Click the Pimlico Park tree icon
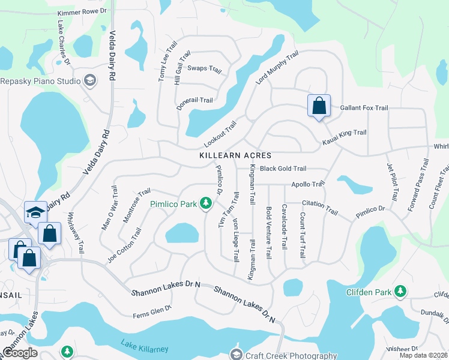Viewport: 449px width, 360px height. point(206,204)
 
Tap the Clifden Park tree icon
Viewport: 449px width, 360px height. point(400,292)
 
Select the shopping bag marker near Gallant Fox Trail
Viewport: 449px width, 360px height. point(319,106)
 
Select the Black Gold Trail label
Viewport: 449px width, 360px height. point(283,169)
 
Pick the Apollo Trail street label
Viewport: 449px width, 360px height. point(308,184)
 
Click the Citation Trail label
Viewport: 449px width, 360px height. point(320,208)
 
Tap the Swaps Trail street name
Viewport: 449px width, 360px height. point(205,68)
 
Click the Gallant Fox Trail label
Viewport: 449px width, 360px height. point(364,108)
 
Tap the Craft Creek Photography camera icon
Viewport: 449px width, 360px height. point(236,354)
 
